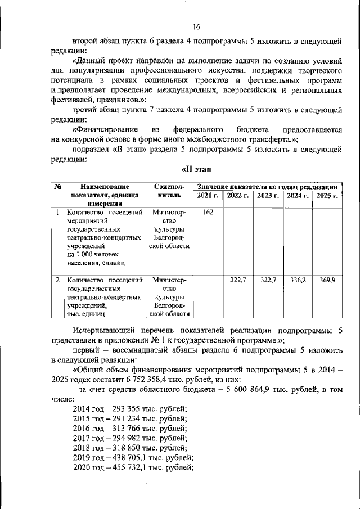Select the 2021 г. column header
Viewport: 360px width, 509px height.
click(x=208, y=196)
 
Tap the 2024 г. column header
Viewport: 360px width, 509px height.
click(x=297, y=196)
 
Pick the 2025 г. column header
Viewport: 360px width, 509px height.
click(x=327, y=196)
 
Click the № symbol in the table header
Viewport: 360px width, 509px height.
click(x=58, y=186)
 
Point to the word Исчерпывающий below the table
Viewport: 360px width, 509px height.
click(x=103, y=330)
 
